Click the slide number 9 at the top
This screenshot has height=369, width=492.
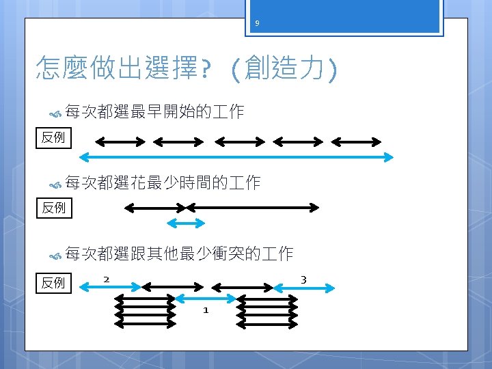(x=257, y=24)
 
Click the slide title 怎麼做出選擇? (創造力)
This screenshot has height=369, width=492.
(x=186, y=68)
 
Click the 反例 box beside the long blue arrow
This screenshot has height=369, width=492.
(x=53, y=138)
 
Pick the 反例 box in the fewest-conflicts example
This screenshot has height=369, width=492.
(x=53, y=282)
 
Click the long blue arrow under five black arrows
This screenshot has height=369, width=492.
(x=236, y=157)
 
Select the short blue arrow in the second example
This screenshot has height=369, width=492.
(x=186, y=223)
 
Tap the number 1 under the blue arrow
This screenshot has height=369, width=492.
(x=205, y=311)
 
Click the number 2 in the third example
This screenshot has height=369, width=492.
(x=107, y=279)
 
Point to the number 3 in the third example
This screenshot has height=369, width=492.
(x=303, y=279)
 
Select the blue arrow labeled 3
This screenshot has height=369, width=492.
(x=304, y=288)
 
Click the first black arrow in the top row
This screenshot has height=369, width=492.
(x=120, y=141)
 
